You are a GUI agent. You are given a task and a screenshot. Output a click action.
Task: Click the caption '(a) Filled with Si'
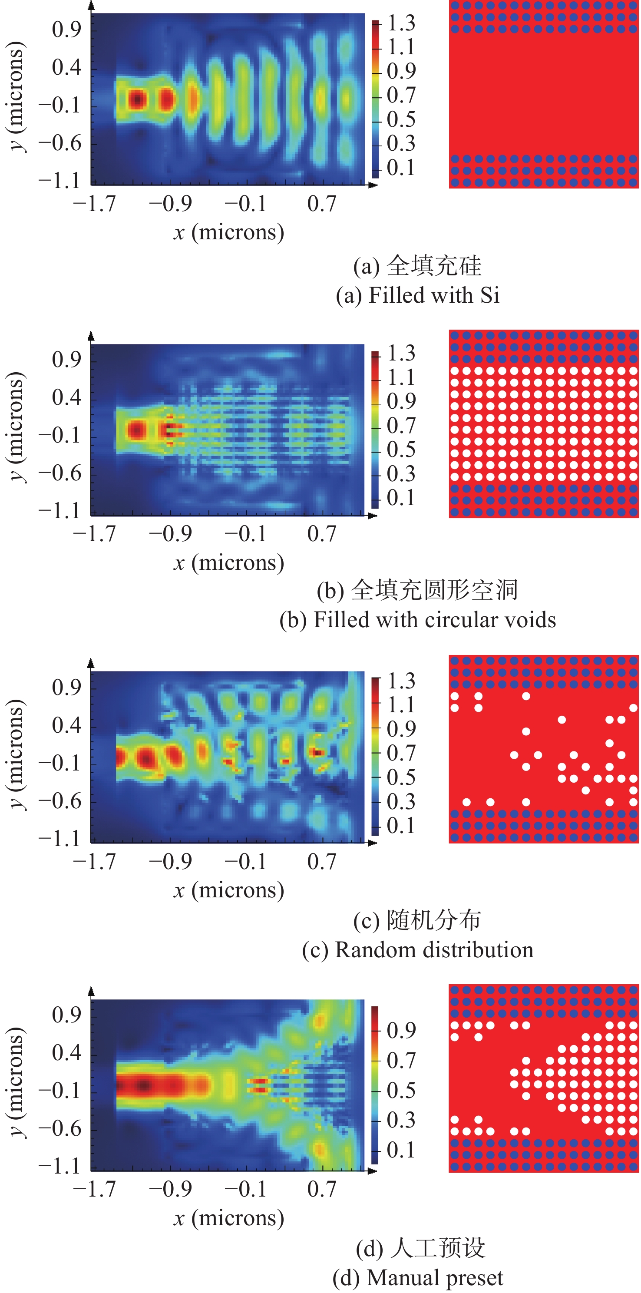point(418,295)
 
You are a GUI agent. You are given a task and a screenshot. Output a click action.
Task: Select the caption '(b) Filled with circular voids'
point(418,620)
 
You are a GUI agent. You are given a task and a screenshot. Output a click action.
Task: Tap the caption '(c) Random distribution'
point(418,950)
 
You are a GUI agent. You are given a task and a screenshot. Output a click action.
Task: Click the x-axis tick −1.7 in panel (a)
point(94,204)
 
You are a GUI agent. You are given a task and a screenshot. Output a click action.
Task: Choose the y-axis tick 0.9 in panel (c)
point(66,687)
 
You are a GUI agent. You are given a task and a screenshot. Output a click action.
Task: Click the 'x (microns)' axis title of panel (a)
point(229,232)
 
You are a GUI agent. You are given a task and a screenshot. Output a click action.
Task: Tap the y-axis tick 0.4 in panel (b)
point(66,397)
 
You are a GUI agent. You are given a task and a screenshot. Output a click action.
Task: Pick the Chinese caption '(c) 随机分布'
point(418,920)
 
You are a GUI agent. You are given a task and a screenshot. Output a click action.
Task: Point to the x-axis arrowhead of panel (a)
point(373,185)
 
